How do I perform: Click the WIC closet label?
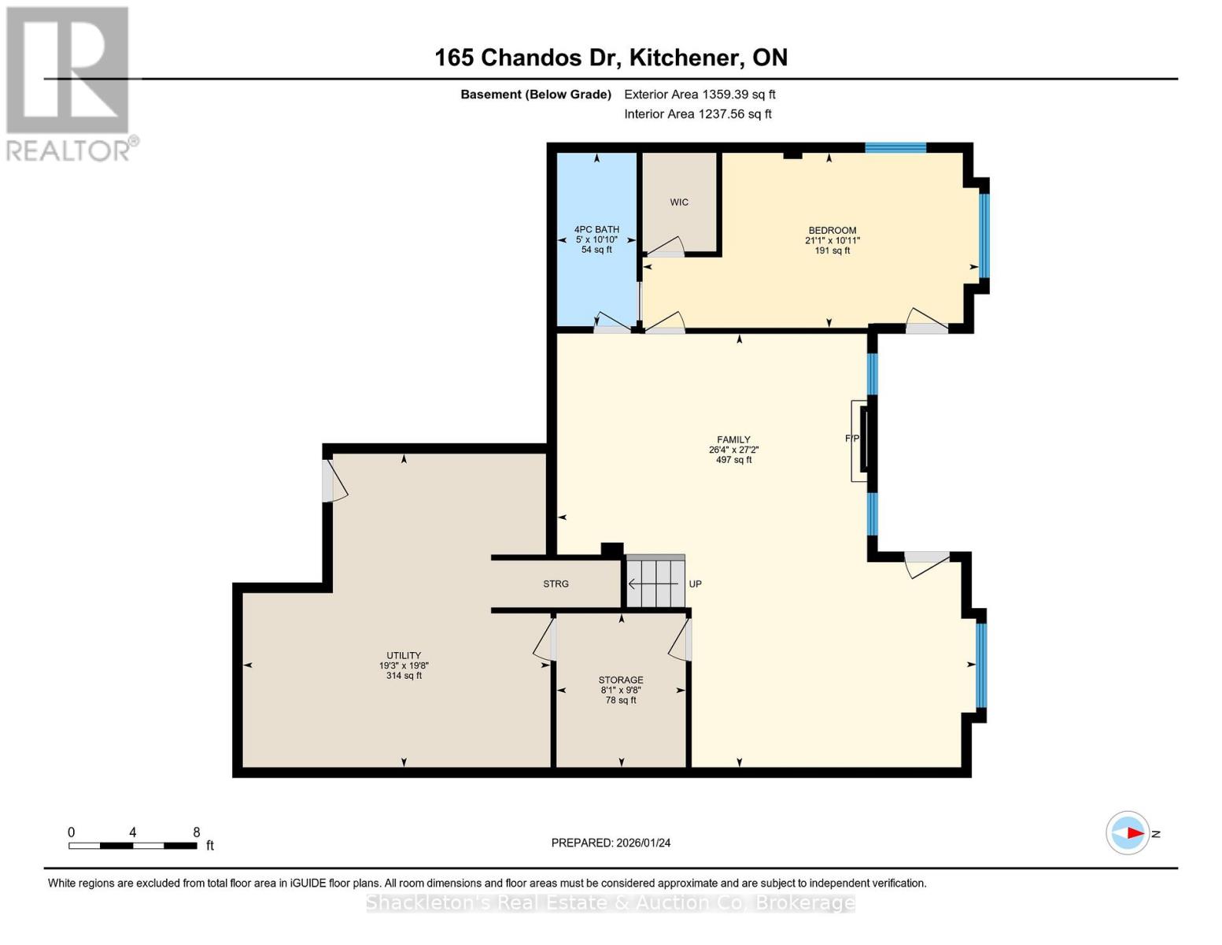[x=679, y=202]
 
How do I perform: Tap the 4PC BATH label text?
[x=596, y=229]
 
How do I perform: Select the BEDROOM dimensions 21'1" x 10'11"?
[x=832, y=241]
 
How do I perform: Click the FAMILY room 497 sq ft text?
[x=733, y=460]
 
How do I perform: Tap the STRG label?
[x=556, y=584]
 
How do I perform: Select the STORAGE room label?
[x=621, y=680]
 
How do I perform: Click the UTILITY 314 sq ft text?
[x=404, y=676]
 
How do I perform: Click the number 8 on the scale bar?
[x=197, y=832]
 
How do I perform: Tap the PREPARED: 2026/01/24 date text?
[x=611, y=843]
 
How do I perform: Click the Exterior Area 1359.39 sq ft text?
[x=700, y=94]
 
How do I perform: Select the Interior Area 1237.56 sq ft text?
[x=697, y=114]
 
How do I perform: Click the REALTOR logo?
[x=69, y=83]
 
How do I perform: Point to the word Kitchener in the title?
[x=683, y=57]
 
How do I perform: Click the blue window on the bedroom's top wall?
[x=895, y=147]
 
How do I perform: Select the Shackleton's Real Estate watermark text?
[x=611, y=902]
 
